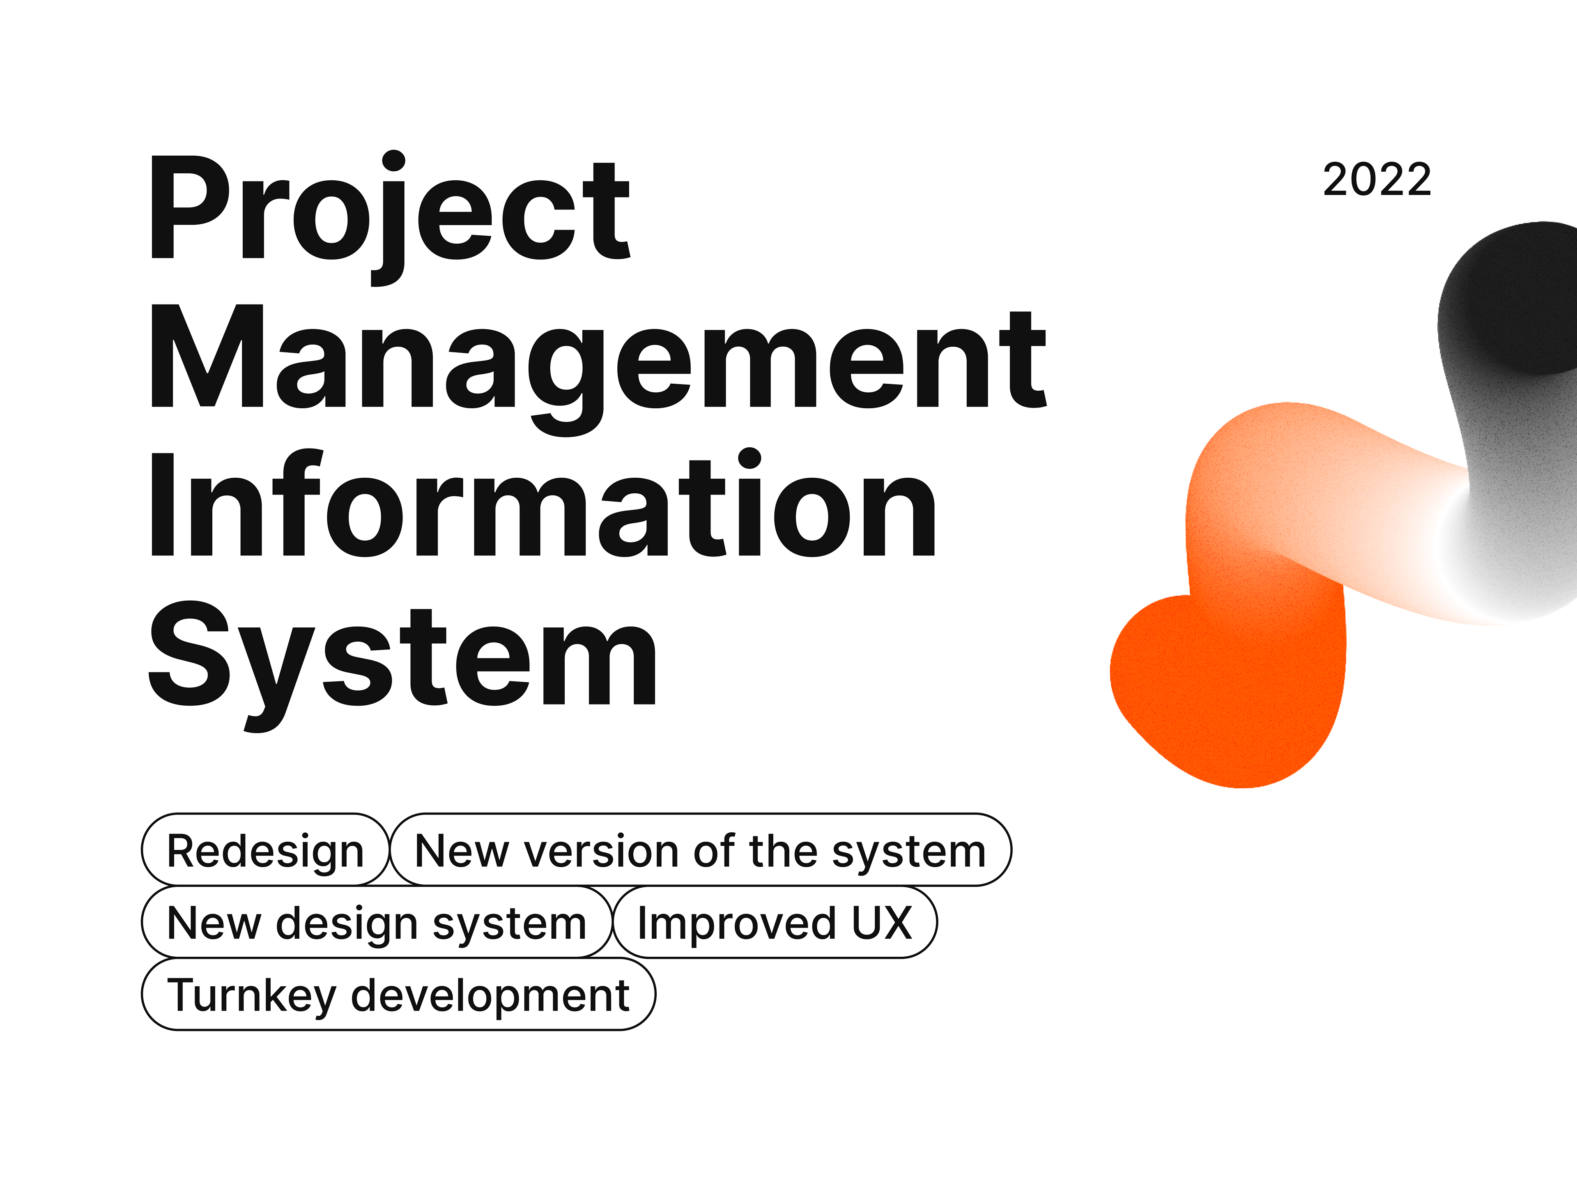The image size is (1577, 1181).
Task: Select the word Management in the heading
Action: point(598,369)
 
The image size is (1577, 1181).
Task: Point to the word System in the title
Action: point(402,665)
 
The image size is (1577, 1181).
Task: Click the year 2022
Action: point(1377,180)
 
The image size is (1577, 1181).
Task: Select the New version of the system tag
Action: point(701,849)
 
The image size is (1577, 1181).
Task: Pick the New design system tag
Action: point(377,922)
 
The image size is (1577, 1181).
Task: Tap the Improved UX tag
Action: point(775,922)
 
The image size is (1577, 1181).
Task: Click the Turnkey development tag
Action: point(398,994)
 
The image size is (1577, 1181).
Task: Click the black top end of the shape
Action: point(1511,299)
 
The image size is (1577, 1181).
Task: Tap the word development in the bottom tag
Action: point(490,996)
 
